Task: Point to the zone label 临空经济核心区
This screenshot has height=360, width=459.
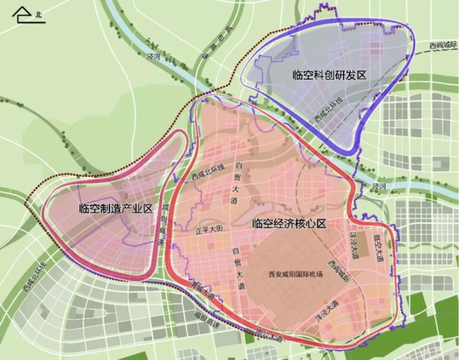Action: (x=290, y=224)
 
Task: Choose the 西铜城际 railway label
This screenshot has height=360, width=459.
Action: (x=442, y=45)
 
